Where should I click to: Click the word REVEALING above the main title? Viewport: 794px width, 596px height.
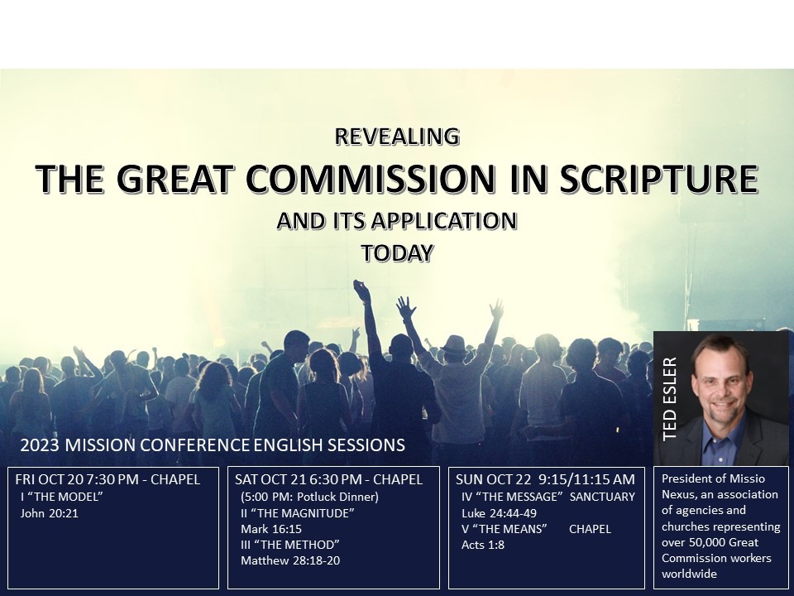coord(397,137)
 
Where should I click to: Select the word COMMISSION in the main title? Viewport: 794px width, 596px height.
coord(371,179)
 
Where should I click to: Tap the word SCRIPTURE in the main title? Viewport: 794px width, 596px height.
coord(659,179)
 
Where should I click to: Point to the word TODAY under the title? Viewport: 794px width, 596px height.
coord(398,253)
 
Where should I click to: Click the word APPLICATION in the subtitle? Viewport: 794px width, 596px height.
coord(443,221)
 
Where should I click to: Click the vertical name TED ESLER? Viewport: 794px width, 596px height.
coord(669,399)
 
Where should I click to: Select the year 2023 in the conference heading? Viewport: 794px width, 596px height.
coord(40,445)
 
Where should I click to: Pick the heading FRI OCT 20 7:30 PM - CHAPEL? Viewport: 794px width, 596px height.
coord(108,479)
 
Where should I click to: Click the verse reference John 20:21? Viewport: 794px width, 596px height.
coord(50,513)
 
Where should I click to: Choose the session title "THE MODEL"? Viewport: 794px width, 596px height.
coord(62,497)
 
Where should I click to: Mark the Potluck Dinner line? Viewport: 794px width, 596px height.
coord(310,497)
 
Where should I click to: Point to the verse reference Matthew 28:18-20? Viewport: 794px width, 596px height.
coord(290,560)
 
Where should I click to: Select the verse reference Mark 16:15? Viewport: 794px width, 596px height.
coord(271,529)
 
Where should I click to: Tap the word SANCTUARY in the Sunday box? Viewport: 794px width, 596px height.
coord(602,497)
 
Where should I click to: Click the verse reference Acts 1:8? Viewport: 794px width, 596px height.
coord(483,545)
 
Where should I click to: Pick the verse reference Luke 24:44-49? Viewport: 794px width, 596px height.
coord(500,513)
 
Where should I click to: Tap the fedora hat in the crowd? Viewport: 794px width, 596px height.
coord(454,345)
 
